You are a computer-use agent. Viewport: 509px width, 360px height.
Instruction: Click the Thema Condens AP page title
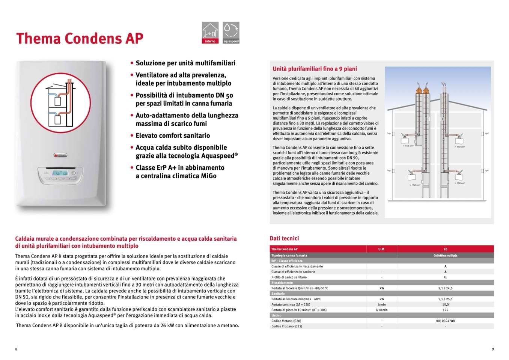coord(80,38)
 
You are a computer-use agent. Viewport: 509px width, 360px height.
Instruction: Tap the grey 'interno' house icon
coord(210,32)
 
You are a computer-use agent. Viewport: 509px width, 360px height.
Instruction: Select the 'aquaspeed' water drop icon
coord(231,32)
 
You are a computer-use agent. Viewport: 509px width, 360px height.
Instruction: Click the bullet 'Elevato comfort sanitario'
coord(173,136)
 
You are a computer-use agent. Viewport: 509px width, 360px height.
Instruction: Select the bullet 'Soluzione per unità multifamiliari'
coord(185,63)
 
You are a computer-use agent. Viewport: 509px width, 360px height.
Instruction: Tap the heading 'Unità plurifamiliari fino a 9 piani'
coord(315,69)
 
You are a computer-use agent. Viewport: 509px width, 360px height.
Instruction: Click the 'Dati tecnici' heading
coord(284,238)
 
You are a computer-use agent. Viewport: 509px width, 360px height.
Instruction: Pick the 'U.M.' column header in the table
coord(381,249)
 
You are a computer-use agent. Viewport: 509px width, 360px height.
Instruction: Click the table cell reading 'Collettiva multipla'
coord(445,255)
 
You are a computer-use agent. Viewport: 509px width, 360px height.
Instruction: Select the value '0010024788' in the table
coord(445,321)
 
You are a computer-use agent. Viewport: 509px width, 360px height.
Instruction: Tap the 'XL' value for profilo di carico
coord(445,277)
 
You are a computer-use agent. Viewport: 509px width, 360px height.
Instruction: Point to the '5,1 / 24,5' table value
coord(445,288)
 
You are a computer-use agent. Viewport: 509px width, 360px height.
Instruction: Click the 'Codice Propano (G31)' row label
coord(286,326)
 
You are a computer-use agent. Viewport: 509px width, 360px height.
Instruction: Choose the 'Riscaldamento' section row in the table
coord(282,283)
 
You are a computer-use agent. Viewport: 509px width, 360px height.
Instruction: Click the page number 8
coord(16,349)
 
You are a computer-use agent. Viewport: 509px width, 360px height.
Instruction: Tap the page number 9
coord(492,349)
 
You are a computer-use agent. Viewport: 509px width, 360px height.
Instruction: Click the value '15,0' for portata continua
coord(445,304)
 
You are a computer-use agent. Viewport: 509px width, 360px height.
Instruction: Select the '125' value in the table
coord(445,310)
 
